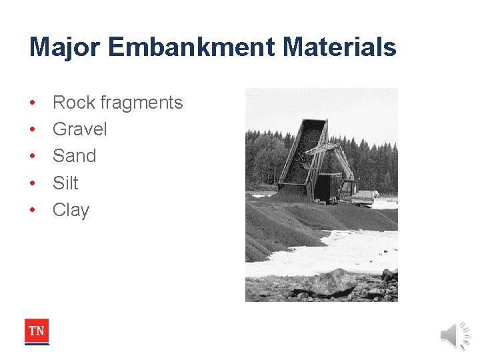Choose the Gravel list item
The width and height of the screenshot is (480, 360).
(x=79, y=129)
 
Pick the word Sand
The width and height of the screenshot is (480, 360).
(x=74, y=156)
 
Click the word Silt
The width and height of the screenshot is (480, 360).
(x=65, y=183)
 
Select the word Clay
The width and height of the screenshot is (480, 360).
(x=71, y=210)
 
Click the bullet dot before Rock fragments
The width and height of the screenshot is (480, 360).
(x=33, y=103)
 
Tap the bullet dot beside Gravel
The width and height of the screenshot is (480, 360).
(x=33, y=130)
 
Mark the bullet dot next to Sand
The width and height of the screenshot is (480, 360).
(x=33, y=157)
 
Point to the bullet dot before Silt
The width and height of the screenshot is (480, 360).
(x=33, y=183)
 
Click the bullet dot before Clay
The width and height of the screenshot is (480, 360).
(x=33, y=211)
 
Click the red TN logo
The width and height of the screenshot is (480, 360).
(x=37, y=331)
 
